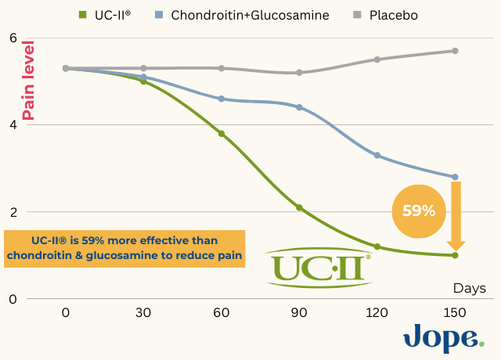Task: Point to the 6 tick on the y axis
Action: click(x=13, y=38)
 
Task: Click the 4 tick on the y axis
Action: click(x=13, y=124)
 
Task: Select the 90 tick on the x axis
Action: click(x=299, y=312)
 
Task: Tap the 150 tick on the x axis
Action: click(x=455, y=312)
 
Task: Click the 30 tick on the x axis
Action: click(x=143, y=312)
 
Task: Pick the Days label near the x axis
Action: click(x=468, y=288)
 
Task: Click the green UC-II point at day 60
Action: click(x=222, y=134)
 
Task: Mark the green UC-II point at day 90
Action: click(x=299, y=207)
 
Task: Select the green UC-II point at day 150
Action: click(x=455, y=255)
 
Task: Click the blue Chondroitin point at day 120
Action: click(x=377, y=155)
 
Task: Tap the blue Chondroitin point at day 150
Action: click(x=455, y=177)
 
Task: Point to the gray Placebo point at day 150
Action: click(x=455, y=51)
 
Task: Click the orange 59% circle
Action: click(x=419, y=209)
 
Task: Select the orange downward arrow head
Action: click(x=456, y=243)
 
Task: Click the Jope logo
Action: click(x=444, y=337)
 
